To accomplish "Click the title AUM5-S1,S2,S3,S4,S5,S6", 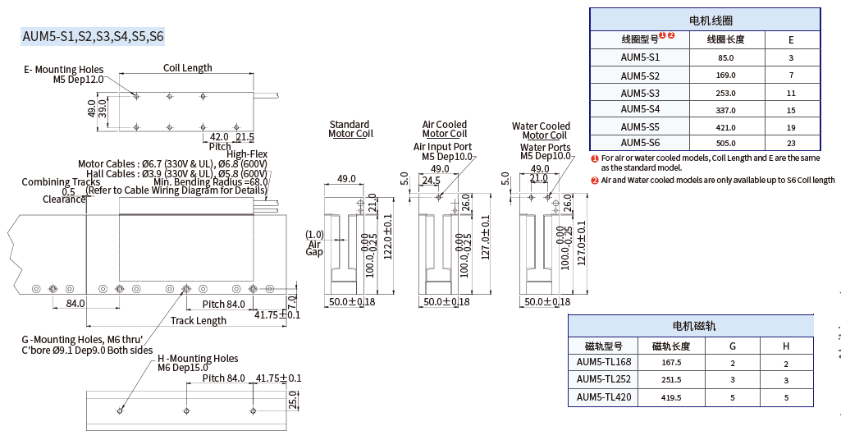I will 93,36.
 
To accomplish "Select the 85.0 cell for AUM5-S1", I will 725,57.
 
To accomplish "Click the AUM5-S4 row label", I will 639,109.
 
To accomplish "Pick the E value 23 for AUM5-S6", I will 791,143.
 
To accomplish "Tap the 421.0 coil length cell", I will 725,126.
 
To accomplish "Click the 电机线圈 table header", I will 705,21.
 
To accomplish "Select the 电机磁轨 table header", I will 693,326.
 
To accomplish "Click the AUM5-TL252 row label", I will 603,379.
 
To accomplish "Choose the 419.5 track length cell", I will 671,397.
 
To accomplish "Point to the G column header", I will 732,346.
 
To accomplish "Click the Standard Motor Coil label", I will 350,129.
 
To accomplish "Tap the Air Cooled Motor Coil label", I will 444,129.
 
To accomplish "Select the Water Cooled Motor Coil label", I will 542,131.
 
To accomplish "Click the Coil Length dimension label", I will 187,68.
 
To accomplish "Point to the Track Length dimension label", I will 198,321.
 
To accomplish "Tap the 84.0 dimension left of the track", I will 75,304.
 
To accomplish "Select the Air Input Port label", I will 442,147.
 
